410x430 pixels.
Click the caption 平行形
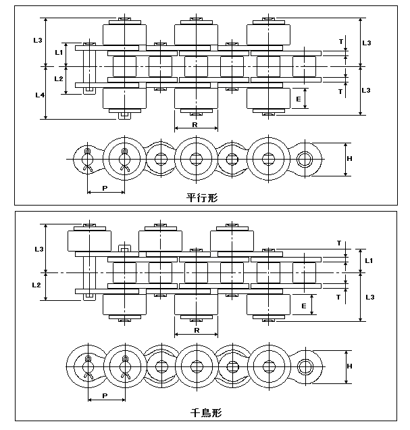click(202, 197)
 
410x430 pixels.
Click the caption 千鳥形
click(206, 412)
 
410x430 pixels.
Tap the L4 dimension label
click(40, 95)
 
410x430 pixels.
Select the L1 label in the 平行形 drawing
click(59, 52)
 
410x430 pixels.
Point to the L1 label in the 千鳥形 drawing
click(369, 260)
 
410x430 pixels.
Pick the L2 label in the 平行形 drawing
click(59, 78)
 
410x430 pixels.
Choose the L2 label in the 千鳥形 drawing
click(36, 285)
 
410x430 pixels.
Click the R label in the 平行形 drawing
click(195, 125)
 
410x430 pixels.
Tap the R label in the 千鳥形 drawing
click(197, 330)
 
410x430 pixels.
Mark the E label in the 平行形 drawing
click(299, 99)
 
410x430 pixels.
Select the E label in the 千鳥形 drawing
click(304, 306)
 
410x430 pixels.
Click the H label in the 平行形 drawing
click(349, 158)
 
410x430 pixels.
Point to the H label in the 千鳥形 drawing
click(349, 366)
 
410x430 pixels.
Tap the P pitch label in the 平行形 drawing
click(105, 188)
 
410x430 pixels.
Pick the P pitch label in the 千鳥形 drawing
click(105, 396)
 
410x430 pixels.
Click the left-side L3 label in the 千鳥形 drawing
click(39, 249)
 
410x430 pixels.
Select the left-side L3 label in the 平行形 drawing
click(38, 40)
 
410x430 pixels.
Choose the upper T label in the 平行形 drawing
click(341, 42)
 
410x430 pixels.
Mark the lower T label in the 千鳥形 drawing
click(338, 297)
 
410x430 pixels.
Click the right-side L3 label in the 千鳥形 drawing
click(370, 297)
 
